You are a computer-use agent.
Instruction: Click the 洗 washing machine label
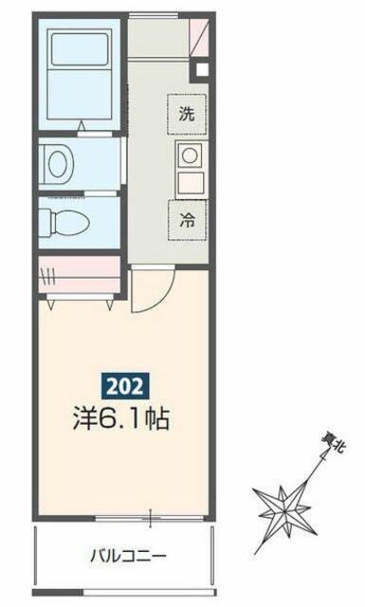point(187,114)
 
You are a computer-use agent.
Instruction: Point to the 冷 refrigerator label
point(187,220)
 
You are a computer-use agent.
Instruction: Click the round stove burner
point(190,156)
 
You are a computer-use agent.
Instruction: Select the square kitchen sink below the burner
point(191,183)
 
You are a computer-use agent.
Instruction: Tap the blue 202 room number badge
point(125,386)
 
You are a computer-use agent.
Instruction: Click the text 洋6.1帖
point(121,418)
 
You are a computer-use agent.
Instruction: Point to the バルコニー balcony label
point(129,557)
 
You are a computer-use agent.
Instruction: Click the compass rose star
point(284,511)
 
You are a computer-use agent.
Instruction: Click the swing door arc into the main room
point(160,297)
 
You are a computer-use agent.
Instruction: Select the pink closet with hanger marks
point(80,274)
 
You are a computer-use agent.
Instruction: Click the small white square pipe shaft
point(202,69)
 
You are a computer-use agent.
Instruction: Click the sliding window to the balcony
point(150,518)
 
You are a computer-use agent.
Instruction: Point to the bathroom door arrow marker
point(82,126)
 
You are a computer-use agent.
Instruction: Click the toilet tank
point(45,223)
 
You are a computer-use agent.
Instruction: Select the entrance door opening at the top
point(154,15)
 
